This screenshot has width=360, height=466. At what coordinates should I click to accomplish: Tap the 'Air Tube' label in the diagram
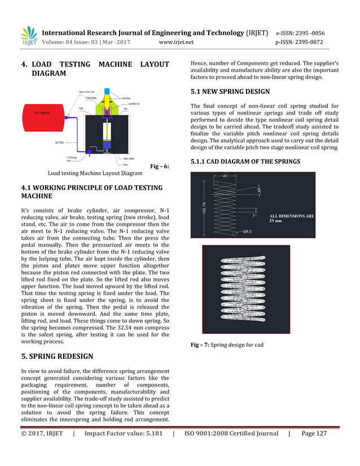(59, 143)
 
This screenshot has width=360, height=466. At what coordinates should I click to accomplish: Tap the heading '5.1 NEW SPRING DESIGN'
(230, 91)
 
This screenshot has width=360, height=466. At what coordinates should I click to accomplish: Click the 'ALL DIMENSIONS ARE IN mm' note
(292, 218)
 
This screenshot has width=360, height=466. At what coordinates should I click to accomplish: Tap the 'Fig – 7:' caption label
(200, 345)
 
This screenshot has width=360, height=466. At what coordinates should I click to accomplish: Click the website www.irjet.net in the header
(177, 42)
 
